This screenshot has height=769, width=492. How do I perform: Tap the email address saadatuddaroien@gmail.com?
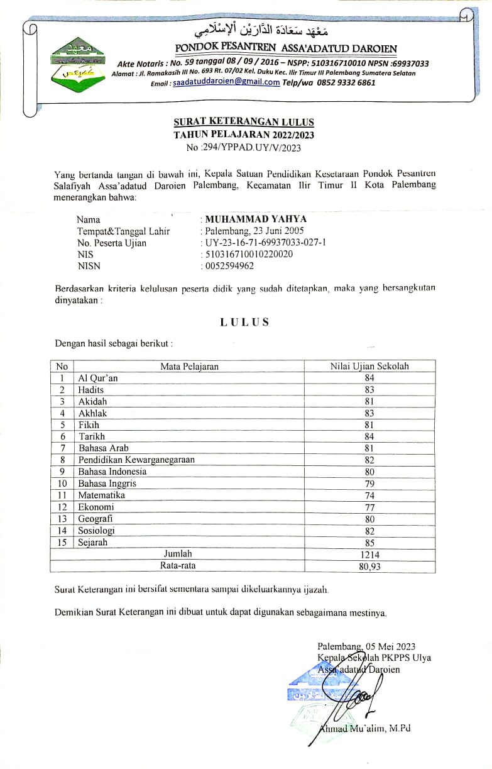pyautogui.click(x=226, y=82)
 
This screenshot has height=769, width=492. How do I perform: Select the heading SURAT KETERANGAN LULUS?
pyautogui.click(x=244, y=122)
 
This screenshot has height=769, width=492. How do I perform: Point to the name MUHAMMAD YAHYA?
pyautogui.click(x=256, y=219)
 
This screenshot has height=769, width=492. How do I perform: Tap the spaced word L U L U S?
pyautogui.click(x=244, y=322)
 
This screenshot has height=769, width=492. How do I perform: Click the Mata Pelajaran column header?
pyautogui.click(x=189, y=367)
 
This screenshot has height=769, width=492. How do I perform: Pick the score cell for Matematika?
pyautogui.click(x=369, y=495)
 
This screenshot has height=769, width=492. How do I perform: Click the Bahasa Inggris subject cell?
pyautogui.click(x=107, y=484)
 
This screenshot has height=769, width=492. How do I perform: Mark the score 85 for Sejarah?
pyautogui.click(x=369, y=543)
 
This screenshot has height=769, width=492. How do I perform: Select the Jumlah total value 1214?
pyautogui.click(x=369, y=555)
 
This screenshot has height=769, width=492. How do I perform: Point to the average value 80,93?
pyautogui.click(x=369, y=567)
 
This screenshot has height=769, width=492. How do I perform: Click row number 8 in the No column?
pyautogui.click(x=62, y=460)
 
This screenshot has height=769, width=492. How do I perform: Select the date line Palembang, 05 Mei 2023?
pyautogui.click(x=366, y=646)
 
